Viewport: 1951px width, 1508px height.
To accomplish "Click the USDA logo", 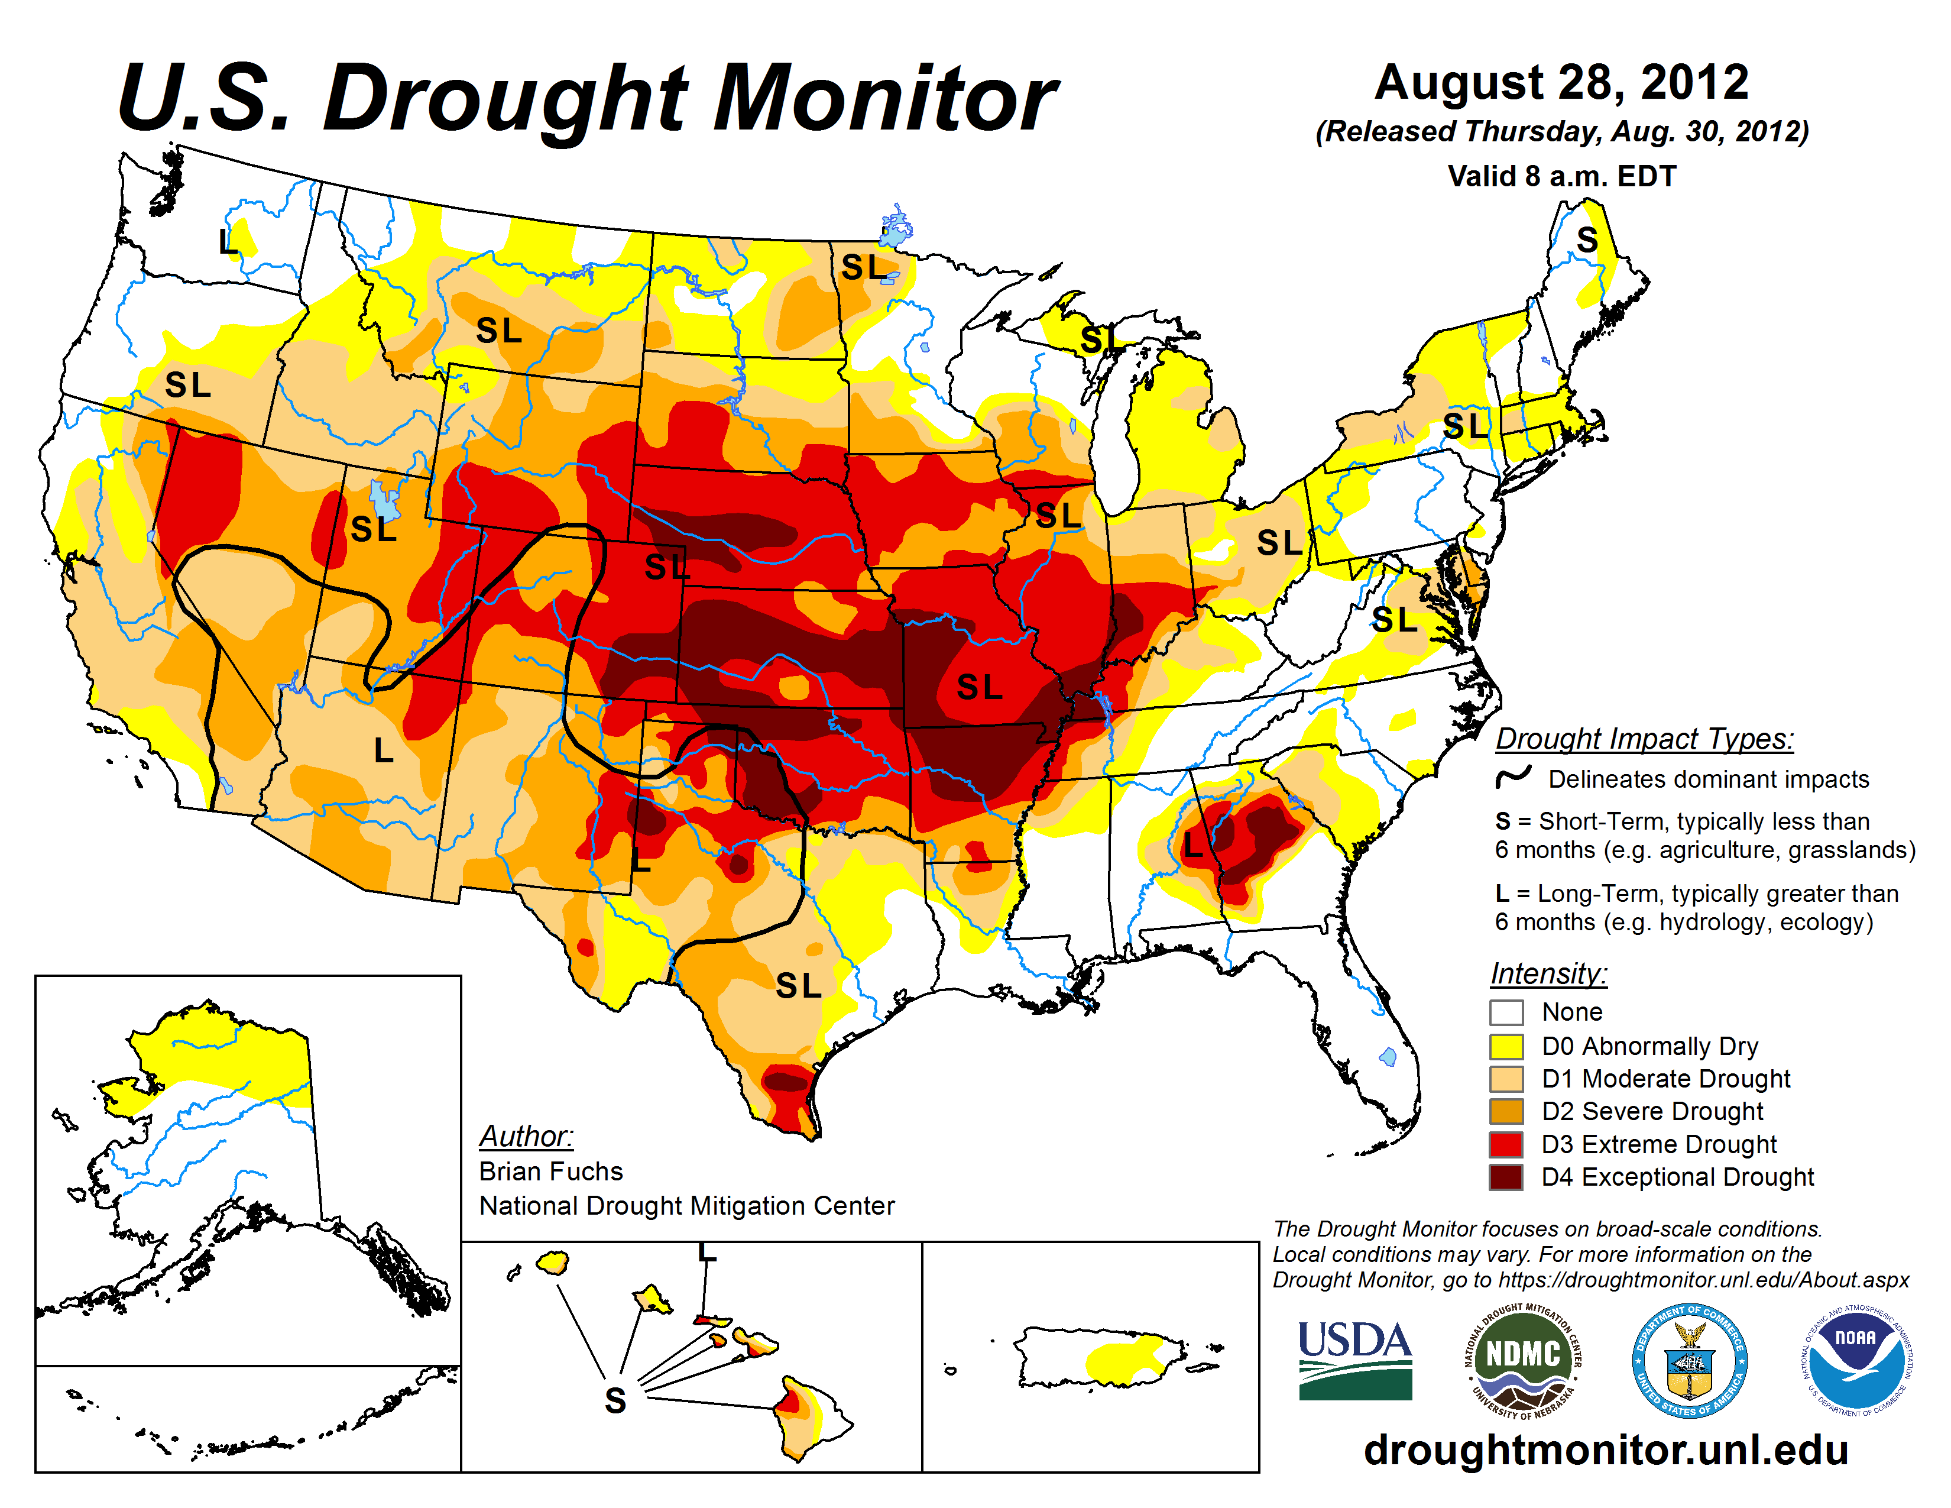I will pyautogui.click(x=1354, y=1360).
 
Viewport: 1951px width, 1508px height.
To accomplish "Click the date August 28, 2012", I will pyautogui.click(x=1561, y=83).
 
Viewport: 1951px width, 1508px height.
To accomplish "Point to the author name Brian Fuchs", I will pyautogui.click(x=550, y=1171).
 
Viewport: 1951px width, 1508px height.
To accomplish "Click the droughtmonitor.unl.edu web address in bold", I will pyautogui.click(x=1605, y=1449).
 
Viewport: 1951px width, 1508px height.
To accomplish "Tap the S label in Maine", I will pyautogui.click(x=1587, y=240).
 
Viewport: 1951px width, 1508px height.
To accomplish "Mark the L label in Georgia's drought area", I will pyautogui.click(x=1194, y=845).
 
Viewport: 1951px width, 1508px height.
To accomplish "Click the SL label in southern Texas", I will pyautogui.click(x=798, y=985).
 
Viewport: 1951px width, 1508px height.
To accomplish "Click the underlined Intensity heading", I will pyautogui.click(x=1548, y=973).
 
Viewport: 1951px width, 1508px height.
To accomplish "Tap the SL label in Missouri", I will pyautogui.click(x=979, y=686).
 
